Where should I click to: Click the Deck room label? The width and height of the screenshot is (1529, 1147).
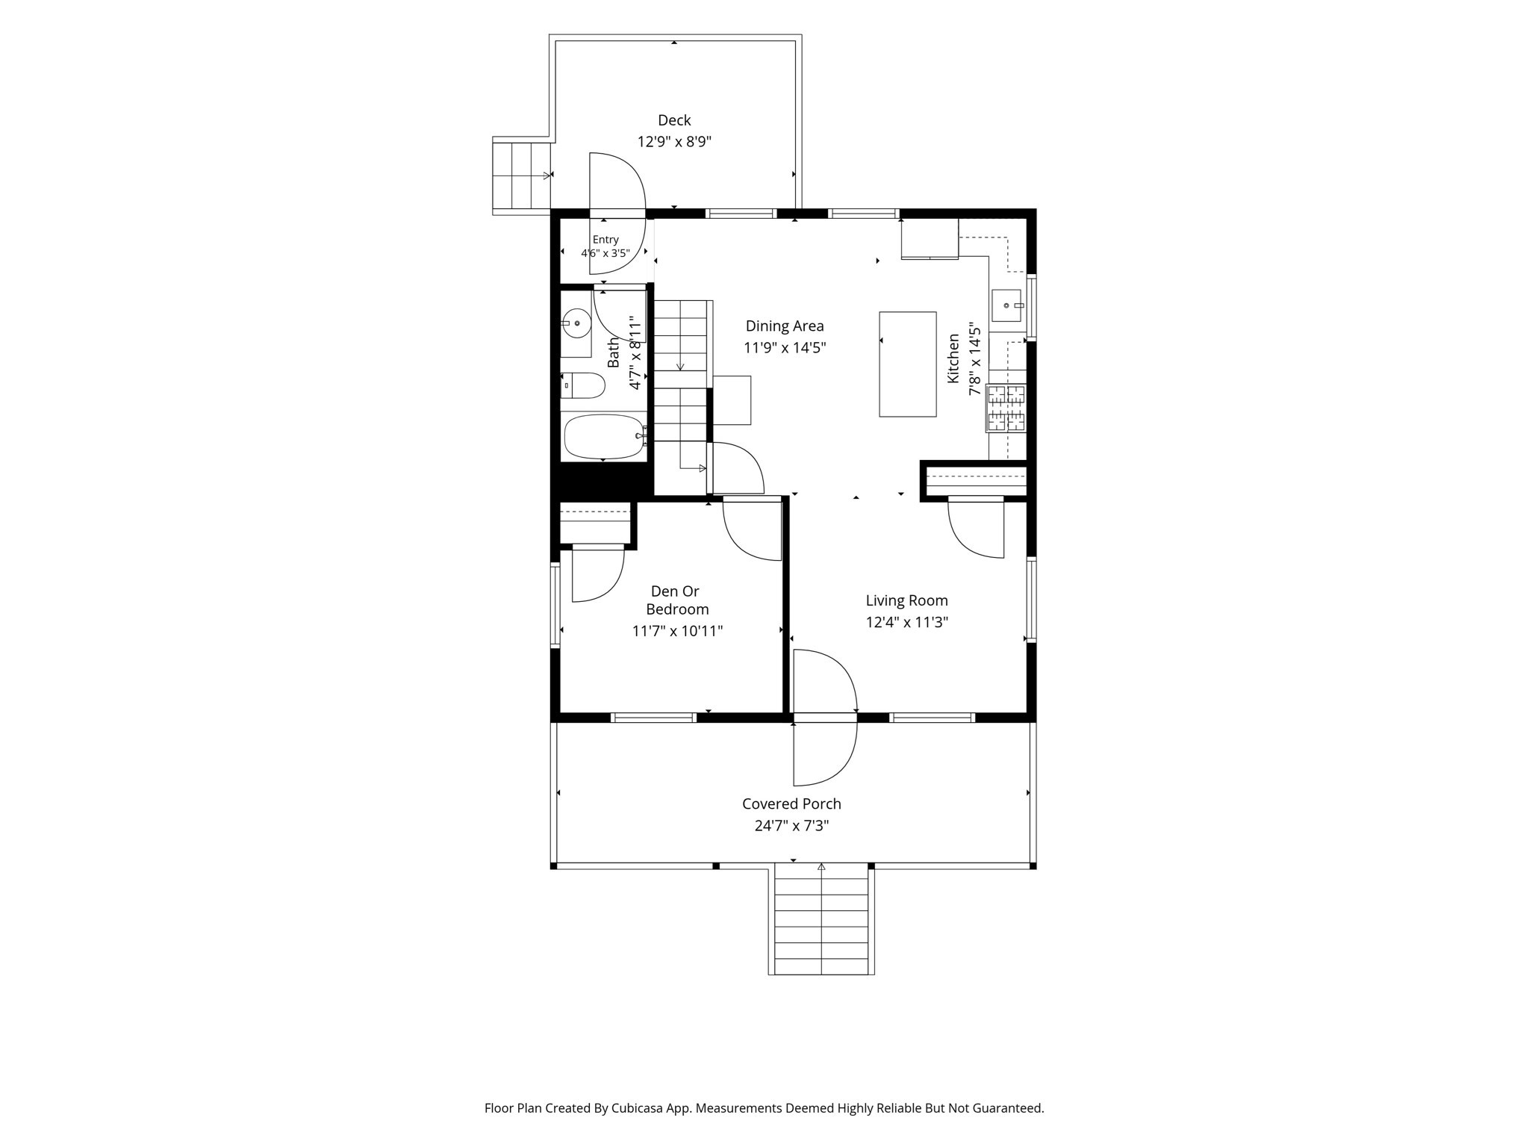(x=674, y=120)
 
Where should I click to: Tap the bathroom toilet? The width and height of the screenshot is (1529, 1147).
(x=583, y=385)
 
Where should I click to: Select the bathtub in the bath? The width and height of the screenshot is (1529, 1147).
(x=604, y=437)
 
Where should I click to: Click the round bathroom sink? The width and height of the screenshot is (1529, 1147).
(x=576, y=323)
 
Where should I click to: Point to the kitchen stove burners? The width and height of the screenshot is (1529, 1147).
(x=1006, y=408)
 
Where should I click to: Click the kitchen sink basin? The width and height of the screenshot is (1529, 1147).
(x=1006, y=305)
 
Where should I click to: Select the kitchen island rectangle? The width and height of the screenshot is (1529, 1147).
(x=908, y=364)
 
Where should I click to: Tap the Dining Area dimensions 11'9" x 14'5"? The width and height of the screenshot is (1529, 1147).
(x=785, y=347)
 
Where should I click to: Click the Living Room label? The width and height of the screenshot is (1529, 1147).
(x=907, y=600)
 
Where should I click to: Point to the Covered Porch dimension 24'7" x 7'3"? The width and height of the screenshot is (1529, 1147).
(x=792, y=825)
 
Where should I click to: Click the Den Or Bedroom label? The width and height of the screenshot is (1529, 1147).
(x=676, y=600)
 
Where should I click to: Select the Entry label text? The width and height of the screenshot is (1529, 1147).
(x=605, y=240)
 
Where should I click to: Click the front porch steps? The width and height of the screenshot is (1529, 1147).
(x=821, y=920)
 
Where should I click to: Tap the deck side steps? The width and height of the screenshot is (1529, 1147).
(x=522, y=176)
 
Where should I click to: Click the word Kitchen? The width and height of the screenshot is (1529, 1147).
(x=953, y=359)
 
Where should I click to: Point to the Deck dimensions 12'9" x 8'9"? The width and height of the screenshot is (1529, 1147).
(x=674, y=142)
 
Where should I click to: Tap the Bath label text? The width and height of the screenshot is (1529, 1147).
(x=614, y=352)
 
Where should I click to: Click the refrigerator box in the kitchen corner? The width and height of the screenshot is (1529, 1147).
(x=929, y=238)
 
